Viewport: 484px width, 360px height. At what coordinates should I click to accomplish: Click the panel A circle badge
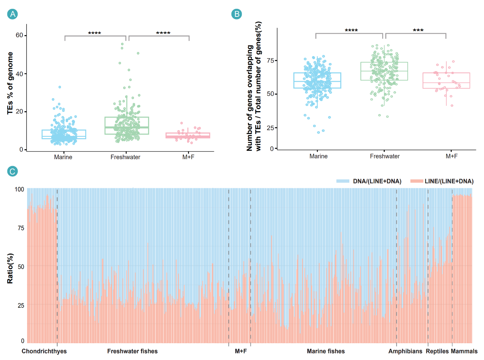(x=13, y=15)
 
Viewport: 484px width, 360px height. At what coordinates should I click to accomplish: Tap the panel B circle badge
(x=236, y=15)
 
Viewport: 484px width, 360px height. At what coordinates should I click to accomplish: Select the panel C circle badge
(x=13, y=171)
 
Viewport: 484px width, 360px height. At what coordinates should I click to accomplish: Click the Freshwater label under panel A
(x=125, y=157)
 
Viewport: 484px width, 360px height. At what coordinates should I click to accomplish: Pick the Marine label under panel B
(x=318, y=156)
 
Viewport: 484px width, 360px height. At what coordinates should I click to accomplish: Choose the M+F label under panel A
(x=189, y=157)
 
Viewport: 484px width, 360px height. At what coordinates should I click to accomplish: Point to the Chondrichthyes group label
(x=44, y=351)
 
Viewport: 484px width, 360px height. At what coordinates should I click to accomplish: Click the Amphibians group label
(x=405, y=351)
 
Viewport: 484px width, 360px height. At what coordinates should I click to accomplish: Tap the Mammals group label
(x=464, y=351)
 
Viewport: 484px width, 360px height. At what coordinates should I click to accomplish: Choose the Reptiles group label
(x=437, y=351)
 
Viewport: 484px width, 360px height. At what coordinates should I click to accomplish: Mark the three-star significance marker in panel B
(x=416, y=31)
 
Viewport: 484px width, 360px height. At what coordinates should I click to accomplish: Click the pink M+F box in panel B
(x=446, y=81)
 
